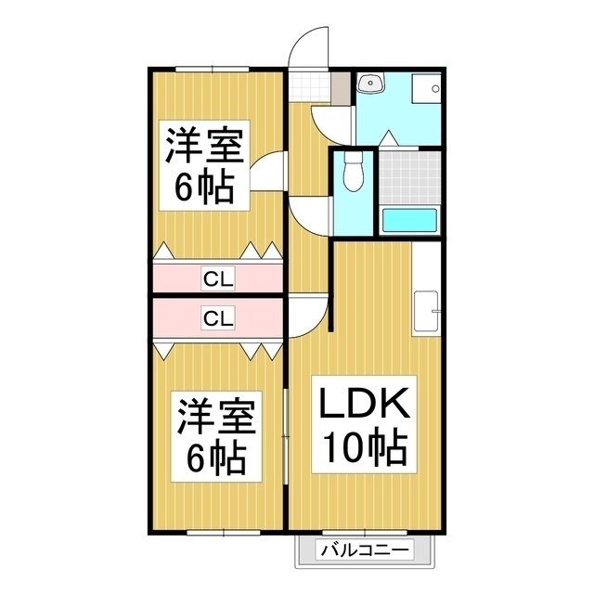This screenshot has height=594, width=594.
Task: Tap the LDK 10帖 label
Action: pyautogui.click(x=364, y=426)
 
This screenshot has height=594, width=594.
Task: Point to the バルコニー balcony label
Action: pyautogui.click(x=364, y=551)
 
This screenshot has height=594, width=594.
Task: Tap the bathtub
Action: pyautogui.click(x=409, y=221)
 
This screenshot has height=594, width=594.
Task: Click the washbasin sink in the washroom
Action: pyautogui.click(x=371, y=84)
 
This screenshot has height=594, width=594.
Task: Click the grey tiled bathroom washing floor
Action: pyautogui.click(x=409, y=174)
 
